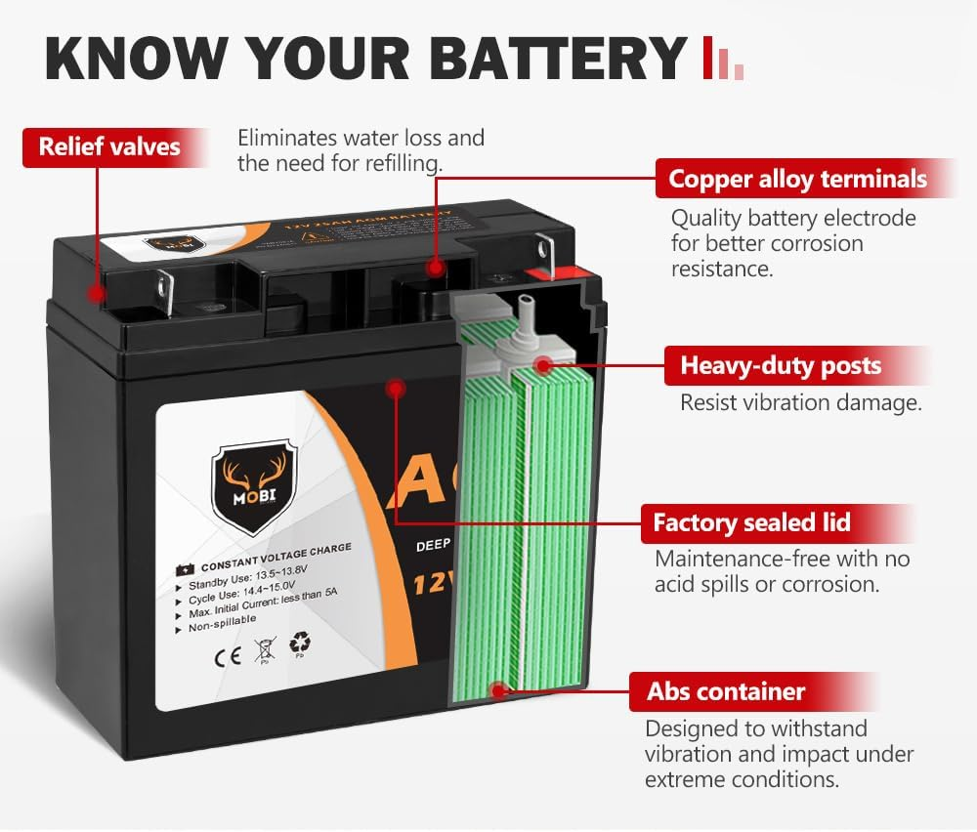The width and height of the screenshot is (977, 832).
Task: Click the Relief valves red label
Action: pos(109,147)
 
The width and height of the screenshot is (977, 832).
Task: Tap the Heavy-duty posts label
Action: pos(780,366)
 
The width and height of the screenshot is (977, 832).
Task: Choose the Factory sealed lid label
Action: pos(751,523)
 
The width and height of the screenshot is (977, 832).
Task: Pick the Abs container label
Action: pos(725,691)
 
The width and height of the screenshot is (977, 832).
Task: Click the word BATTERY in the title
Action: pos(557,58)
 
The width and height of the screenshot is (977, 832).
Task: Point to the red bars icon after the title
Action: pos(723,60)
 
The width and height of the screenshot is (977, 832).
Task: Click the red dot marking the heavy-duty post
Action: pos(542,367)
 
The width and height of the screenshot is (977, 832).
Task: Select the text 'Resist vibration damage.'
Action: pos(801,402)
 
